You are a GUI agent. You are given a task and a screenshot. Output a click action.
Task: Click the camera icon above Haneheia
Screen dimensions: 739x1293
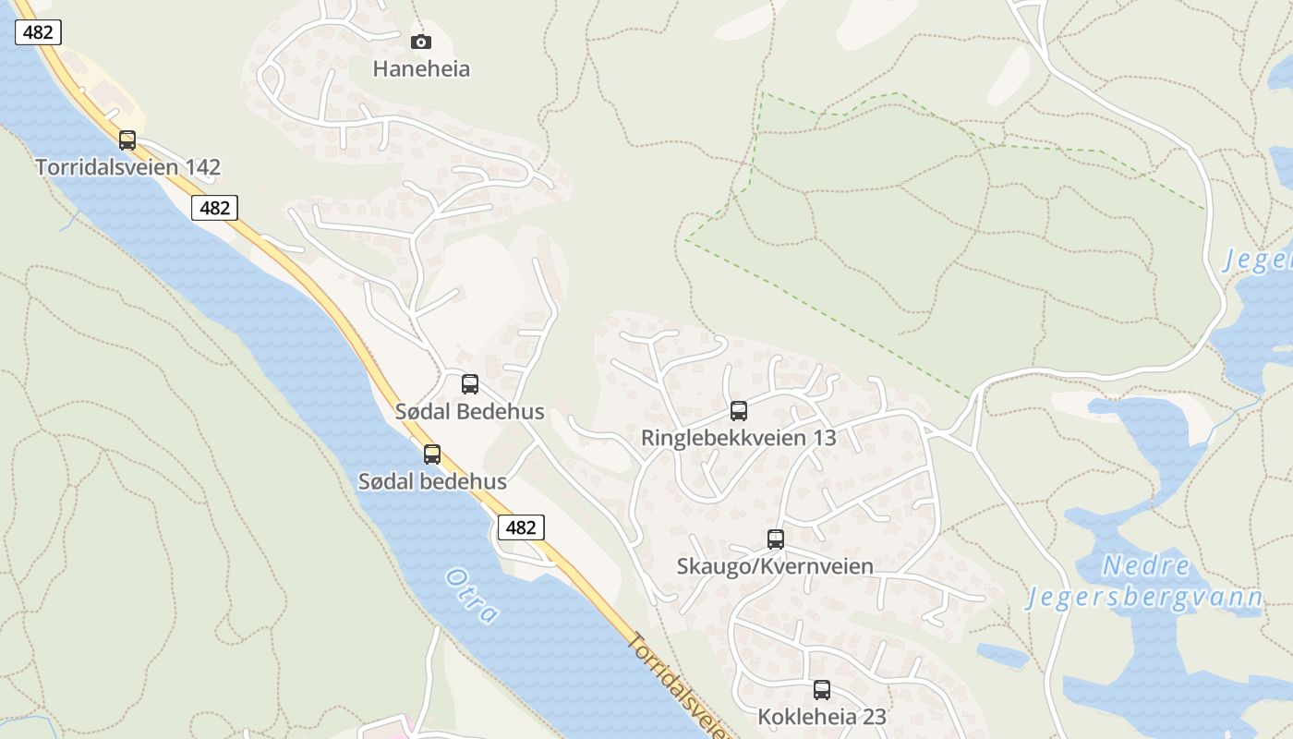[x=420, y=42]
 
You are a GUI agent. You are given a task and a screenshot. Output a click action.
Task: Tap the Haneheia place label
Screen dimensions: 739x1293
[x=421, y=68]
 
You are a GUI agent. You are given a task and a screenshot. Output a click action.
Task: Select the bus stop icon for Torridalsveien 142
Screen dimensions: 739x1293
[x=127, y=140]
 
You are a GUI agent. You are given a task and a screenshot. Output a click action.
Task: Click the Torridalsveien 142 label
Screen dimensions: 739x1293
[x=127, y=167]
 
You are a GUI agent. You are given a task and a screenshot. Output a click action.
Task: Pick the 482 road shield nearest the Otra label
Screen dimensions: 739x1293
[x=521, y=527]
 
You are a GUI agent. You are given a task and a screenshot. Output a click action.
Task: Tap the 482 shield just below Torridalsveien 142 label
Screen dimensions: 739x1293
[x=214, y=208]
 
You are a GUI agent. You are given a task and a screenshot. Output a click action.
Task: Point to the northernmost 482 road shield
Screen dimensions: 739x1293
[x=38, y=32]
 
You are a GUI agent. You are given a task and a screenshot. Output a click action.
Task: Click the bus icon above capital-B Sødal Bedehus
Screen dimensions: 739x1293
[x=470, y=384]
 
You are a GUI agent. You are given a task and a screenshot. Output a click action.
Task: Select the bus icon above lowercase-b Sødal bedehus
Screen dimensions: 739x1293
[x=432, y=454]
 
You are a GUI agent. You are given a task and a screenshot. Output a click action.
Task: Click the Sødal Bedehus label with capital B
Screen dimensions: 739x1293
[x=469, y=411]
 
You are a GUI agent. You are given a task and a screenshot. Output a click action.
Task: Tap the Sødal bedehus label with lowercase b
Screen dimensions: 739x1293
[x=432, y=481]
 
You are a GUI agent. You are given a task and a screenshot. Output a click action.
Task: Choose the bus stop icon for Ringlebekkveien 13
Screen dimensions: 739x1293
[x=739, y=411]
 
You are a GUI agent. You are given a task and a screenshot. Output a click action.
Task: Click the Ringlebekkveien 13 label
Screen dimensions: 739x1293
[x=739, y=438]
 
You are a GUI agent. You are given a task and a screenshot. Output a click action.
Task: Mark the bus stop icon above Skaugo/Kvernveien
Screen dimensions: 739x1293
[x=776, y=539]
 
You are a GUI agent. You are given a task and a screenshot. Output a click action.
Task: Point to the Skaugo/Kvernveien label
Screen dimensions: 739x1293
[x=775, y=566]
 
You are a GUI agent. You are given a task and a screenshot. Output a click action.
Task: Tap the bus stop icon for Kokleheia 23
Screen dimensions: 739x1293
[x=822, y=690]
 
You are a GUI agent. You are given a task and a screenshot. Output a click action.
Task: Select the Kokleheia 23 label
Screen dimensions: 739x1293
[x=822, y=717]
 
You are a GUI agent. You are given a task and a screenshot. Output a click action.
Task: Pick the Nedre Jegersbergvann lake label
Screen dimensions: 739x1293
[x=1145, y=582]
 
